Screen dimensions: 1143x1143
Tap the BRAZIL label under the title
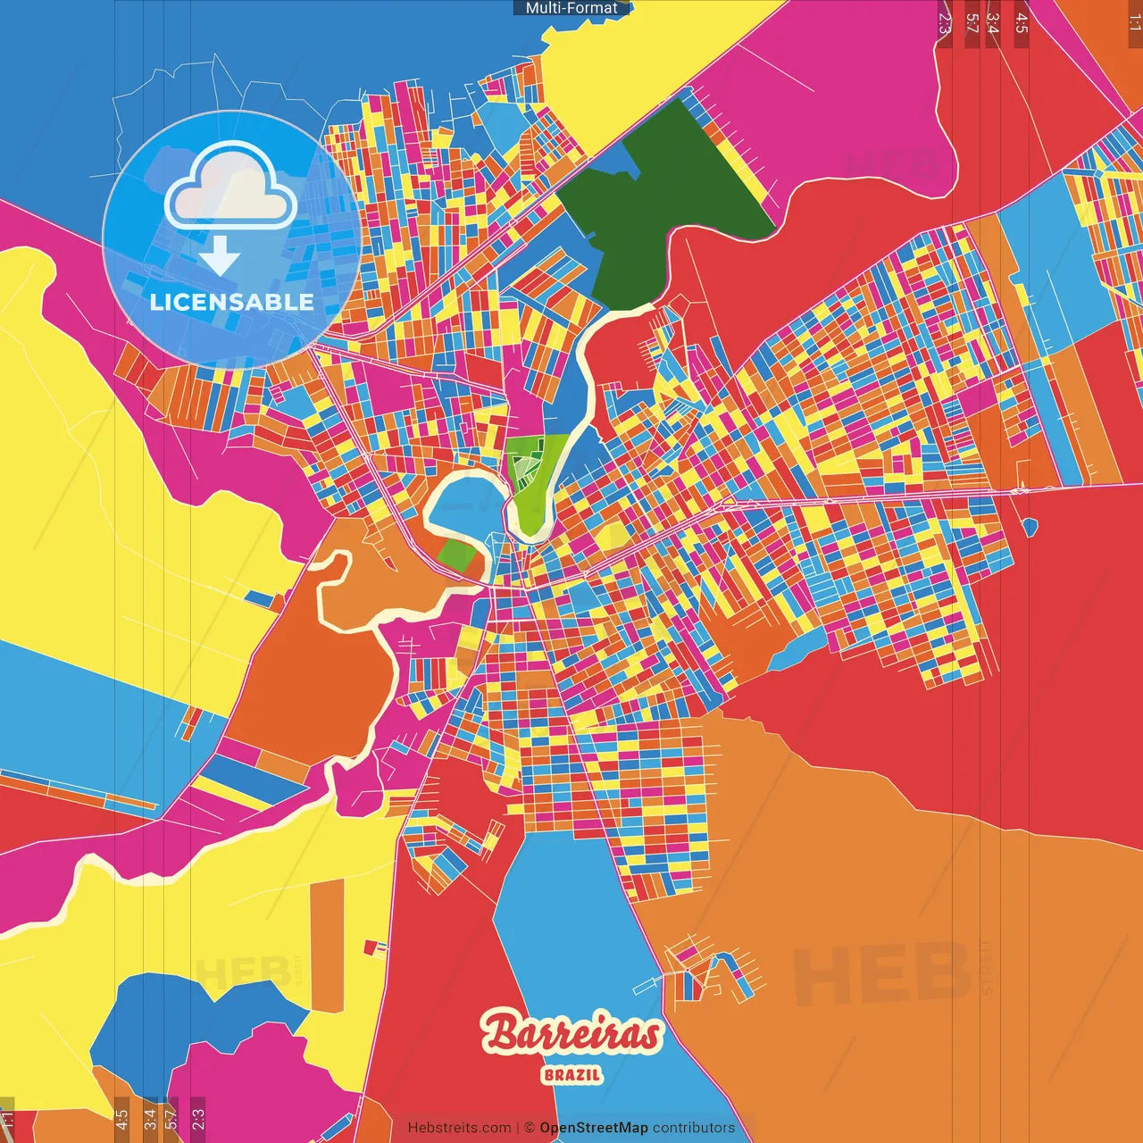(571, 1075)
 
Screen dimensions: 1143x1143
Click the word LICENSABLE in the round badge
(232, 302)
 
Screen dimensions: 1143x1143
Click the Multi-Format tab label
(571, 8)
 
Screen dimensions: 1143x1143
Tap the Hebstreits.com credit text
(459, 1128)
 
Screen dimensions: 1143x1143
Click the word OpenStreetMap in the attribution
(593, 1128)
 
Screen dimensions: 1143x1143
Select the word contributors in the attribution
(694, 1128)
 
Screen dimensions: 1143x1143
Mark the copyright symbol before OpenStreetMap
(530, 1128)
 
